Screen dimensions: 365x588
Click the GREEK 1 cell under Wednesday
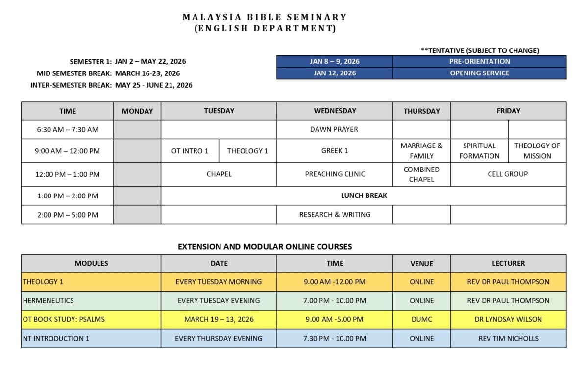coord(335,151)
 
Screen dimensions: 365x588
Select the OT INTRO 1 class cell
coord(190,151)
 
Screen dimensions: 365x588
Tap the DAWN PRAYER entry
coord(334,129)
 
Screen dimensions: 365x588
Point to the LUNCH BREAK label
coord(364,195)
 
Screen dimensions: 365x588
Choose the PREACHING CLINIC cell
coord(335,174)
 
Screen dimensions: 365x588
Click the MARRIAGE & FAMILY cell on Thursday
coord(421,151)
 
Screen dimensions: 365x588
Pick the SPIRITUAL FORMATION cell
coord(479,151)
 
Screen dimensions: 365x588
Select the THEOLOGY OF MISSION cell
coord(537,151)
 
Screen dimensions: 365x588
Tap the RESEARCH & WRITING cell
coord(335,214)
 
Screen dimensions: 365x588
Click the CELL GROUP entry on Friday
coord(508,174)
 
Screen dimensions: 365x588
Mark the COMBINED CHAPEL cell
coord(421,174)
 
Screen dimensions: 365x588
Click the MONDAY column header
coord(137,111)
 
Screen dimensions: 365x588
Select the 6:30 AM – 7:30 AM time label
coord(68,129)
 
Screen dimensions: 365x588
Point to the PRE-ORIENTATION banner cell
coord(479,61)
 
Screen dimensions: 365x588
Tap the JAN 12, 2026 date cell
coord(335,73)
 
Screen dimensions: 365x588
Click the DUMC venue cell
coord(421,319)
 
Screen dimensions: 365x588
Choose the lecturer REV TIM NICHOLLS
coord(508,338)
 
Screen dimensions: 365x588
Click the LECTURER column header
coord(508,263)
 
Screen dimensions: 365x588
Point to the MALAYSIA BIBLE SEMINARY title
coord(265,17)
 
